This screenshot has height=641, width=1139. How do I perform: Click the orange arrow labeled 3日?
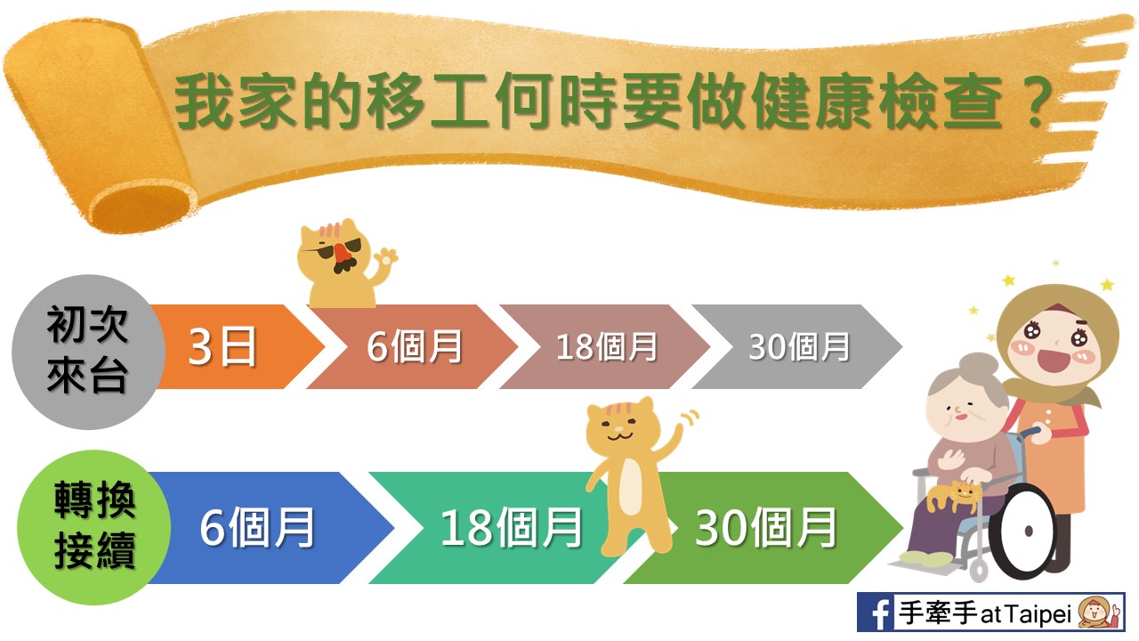(x=234, y=347)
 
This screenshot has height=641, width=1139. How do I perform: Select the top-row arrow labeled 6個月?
(x=413, y=347)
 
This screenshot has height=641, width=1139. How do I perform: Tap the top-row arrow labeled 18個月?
(x=605, y=347)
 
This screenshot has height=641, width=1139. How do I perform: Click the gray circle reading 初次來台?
(x=88, y=352)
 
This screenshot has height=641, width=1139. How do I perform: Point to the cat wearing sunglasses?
(x=346, y=264)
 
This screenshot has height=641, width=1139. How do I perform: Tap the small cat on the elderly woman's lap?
(x=954, y=496)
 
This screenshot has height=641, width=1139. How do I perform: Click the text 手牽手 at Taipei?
(x=985, y=613)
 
